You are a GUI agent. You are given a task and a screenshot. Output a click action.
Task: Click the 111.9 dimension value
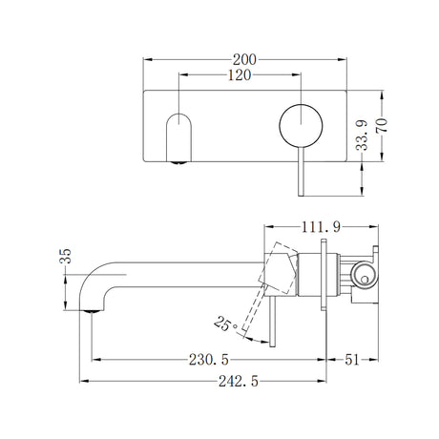point(322,227)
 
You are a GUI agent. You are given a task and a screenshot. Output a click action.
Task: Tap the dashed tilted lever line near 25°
point(255,315)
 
